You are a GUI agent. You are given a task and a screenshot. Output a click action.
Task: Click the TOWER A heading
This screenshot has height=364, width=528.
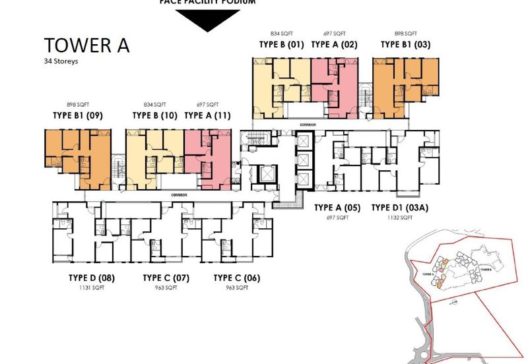click(x=86, y=45)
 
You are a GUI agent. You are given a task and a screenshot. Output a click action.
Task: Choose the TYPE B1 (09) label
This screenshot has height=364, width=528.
click(x=78, y=115)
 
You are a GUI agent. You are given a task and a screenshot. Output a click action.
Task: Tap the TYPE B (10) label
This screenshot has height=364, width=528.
click(x=155, y=115)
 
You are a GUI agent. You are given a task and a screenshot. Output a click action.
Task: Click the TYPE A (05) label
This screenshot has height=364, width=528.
click(x=337, y=208)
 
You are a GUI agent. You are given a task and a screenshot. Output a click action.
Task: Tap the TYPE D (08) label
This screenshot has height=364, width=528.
click(x=92, y=278)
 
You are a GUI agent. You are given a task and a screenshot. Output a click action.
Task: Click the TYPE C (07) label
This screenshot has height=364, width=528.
click(x=166, y=278)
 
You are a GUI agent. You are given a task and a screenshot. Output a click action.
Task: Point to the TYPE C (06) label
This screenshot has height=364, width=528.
click(x=237, y=278)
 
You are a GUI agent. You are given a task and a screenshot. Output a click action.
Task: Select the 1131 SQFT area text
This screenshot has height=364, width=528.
click(x=92, y=288)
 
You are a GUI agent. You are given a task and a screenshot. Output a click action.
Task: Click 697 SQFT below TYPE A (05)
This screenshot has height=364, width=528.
click(x=337, y=218)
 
